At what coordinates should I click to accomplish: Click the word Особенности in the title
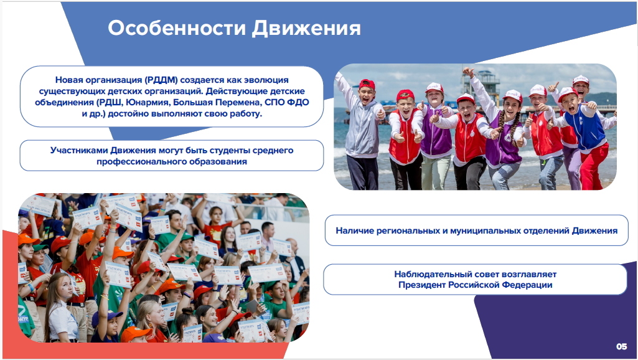(x=177, y=28)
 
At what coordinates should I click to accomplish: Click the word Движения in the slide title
(x=306, y=28)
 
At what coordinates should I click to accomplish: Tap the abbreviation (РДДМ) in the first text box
(x=161, y=80)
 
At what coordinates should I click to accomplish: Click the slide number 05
(x=621, y=346)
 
